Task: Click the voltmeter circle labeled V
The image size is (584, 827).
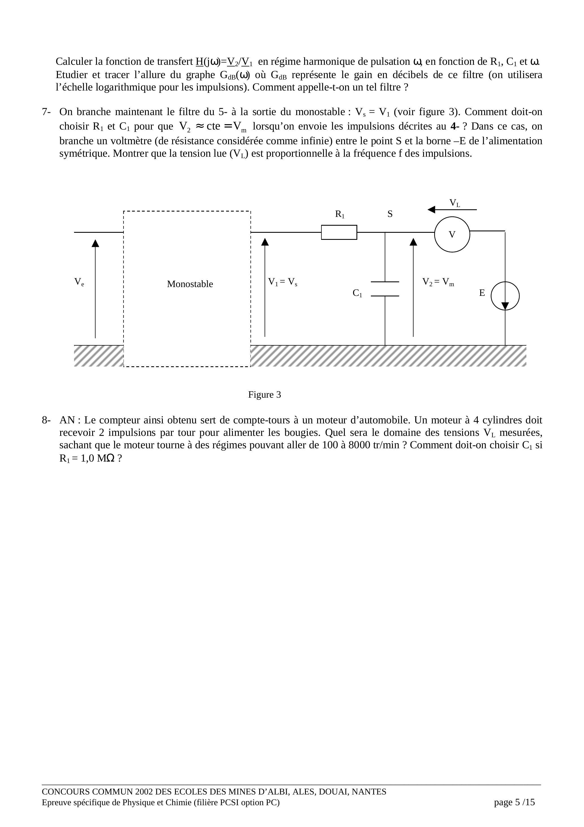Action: [452, 234]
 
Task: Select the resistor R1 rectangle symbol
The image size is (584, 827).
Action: [339, 232]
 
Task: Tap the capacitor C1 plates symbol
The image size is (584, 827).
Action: [385, 289]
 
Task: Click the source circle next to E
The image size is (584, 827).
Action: [505, 296]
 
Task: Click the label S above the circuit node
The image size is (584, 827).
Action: [390, 214]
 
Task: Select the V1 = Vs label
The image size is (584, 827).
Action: [283, 282]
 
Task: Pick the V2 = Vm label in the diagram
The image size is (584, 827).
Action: [438, 282]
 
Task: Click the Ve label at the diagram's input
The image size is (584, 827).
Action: [79, 282]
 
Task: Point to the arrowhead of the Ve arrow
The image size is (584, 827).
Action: [96, 243]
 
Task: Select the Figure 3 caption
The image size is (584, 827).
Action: [264, 395]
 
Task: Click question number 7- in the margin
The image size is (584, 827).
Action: [46, 112]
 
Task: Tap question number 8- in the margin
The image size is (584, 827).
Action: [46, 420]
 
